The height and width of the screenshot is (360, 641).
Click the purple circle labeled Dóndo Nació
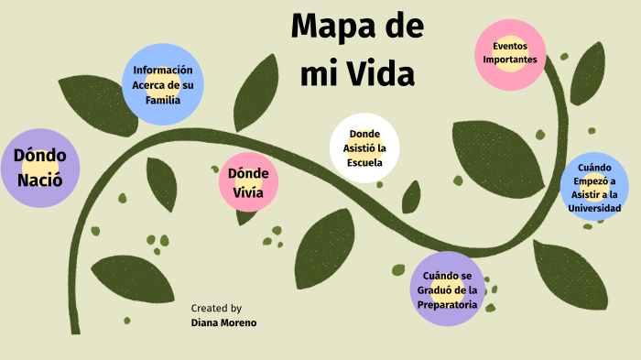coord(39,168)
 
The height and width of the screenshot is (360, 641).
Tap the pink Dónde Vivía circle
coord(248,182)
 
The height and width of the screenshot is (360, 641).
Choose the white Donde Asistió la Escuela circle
coord(364,148)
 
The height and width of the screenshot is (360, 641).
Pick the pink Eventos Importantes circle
coord(510,54)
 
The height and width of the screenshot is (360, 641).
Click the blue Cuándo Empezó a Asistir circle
coord(594,187)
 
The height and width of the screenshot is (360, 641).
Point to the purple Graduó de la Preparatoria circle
coord(446,289)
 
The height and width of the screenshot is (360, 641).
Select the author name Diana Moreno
coord(223,322)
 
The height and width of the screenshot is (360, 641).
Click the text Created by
coord(216,309)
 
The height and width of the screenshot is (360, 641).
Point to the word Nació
coord(39,179)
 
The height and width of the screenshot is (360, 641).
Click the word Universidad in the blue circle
coord(594,208)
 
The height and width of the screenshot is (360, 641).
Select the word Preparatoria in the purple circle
coord(446,304)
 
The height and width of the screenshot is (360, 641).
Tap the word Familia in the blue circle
coord(162,101)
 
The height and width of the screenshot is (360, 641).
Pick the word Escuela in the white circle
coord(364,163)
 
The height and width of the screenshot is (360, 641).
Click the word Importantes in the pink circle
coord(510,60)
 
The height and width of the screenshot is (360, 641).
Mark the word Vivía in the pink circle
coord(248,191)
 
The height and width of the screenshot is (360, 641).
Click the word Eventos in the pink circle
coord(510,46)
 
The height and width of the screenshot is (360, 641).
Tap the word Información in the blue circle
coord(162,70)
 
